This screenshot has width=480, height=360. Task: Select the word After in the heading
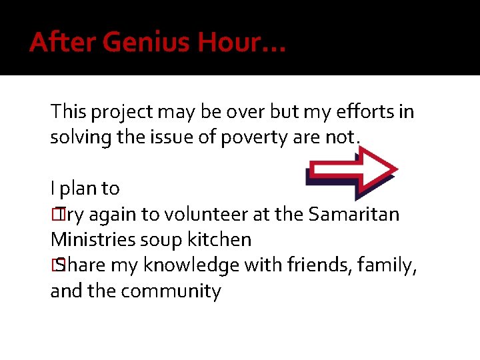click(55, 43)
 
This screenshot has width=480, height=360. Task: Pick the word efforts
click(366, 111)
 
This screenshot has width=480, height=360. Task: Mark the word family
click(387, 266)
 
